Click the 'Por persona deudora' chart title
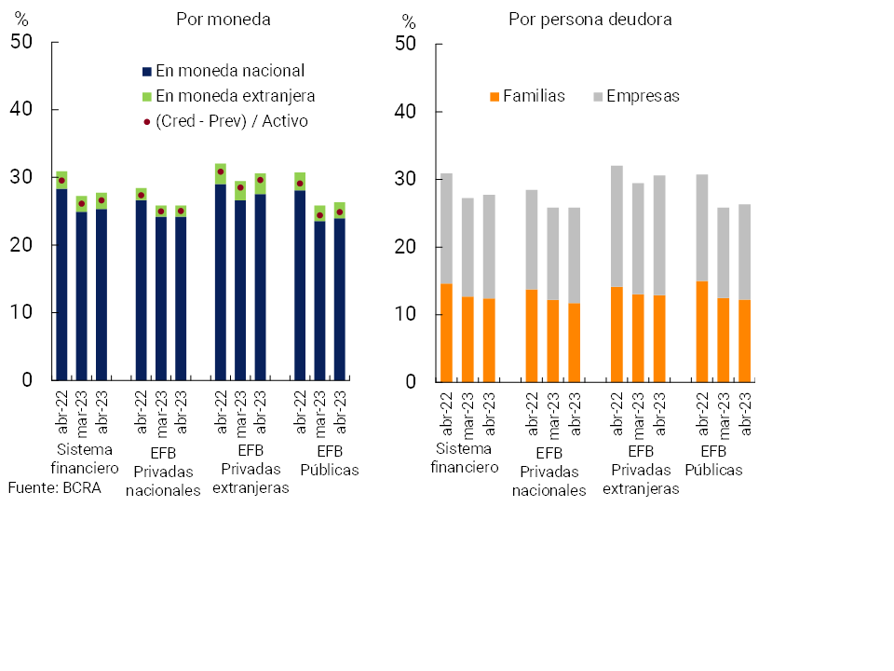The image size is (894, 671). (590, 20)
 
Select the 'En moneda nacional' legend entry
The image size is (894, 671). (223, 71)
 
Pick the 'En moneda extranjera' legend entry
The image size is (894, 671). (228, 96)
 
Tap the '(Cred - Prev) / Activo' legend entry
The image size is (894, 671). (224, 121)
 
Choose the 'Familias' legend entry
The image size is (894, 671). (527, 96)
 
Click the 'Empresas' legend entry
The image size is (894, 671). (636, 96)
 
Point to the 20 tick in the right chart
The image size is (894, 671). (405, 247)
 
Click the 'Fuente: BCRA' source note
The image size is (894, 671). (54, 487)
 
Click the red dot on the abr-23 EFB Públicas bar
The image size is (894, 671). (340, 212)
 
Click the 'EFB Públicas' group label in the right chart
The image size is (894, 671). (713, 460)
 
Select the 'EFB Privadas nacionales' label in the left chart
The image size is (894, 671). (163, 472)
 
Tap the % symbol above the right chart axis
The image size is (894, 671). (408, 21)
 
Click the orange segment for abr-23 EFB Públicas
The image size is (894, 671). (745, 340)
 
